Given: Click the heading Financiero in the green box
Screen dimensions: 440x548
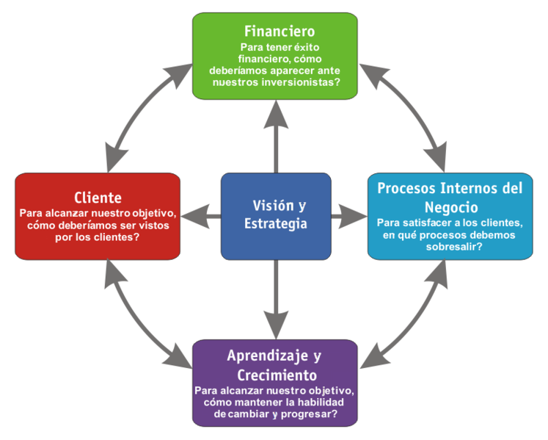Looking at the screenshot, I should [280, 32].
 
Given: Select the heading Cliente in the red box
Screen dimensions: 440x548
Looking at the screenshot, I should [98, 198].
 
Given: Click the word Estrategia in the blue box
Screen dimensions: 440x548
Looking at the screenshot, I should [276, 223].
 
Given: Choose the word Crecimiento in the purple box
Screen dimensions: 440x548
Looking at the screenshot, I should [275, 375].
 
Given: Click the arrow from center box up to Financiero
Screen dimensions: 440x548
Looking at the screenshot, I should [276, 136].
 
